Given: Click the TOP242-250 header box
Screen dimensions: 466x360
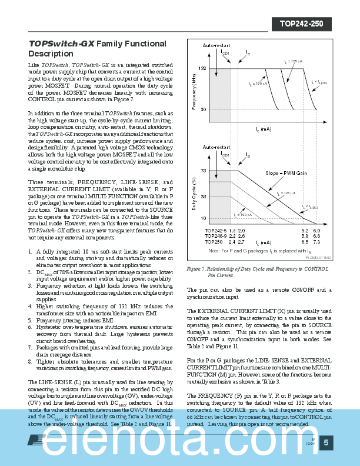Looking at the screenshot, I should pos(302,24).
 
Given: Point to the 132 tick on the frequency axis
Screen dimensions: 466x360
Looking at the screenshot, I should pos(202,69).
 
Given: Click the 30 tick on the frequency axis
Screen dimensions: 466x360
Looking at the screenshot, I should pos(204,109).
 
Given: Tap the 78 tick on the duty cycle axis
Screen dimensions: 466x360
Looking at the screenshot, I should pos(204,171).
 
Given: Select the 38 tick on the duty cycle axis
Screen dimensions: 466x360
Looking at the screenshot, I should pos(204,197).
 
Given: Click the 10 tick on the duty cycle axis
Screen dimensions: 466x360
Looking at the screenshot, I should pos(204,218).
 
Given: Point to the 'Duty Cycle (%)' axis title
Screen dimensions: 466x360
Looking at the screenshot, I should pos(194,195).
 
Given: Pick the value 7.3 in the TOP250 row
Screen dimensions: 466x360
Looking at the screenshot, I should pos(316,242).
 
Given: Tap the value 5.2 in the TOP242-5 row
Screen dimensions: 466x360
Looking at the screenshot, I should pos(305,230).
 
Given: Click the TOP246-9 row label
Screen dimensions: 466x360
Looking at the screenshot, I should pos(216,236).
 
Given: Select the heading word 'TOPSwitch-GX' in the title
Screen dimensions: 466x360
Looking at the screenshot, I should pos(61,44).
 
